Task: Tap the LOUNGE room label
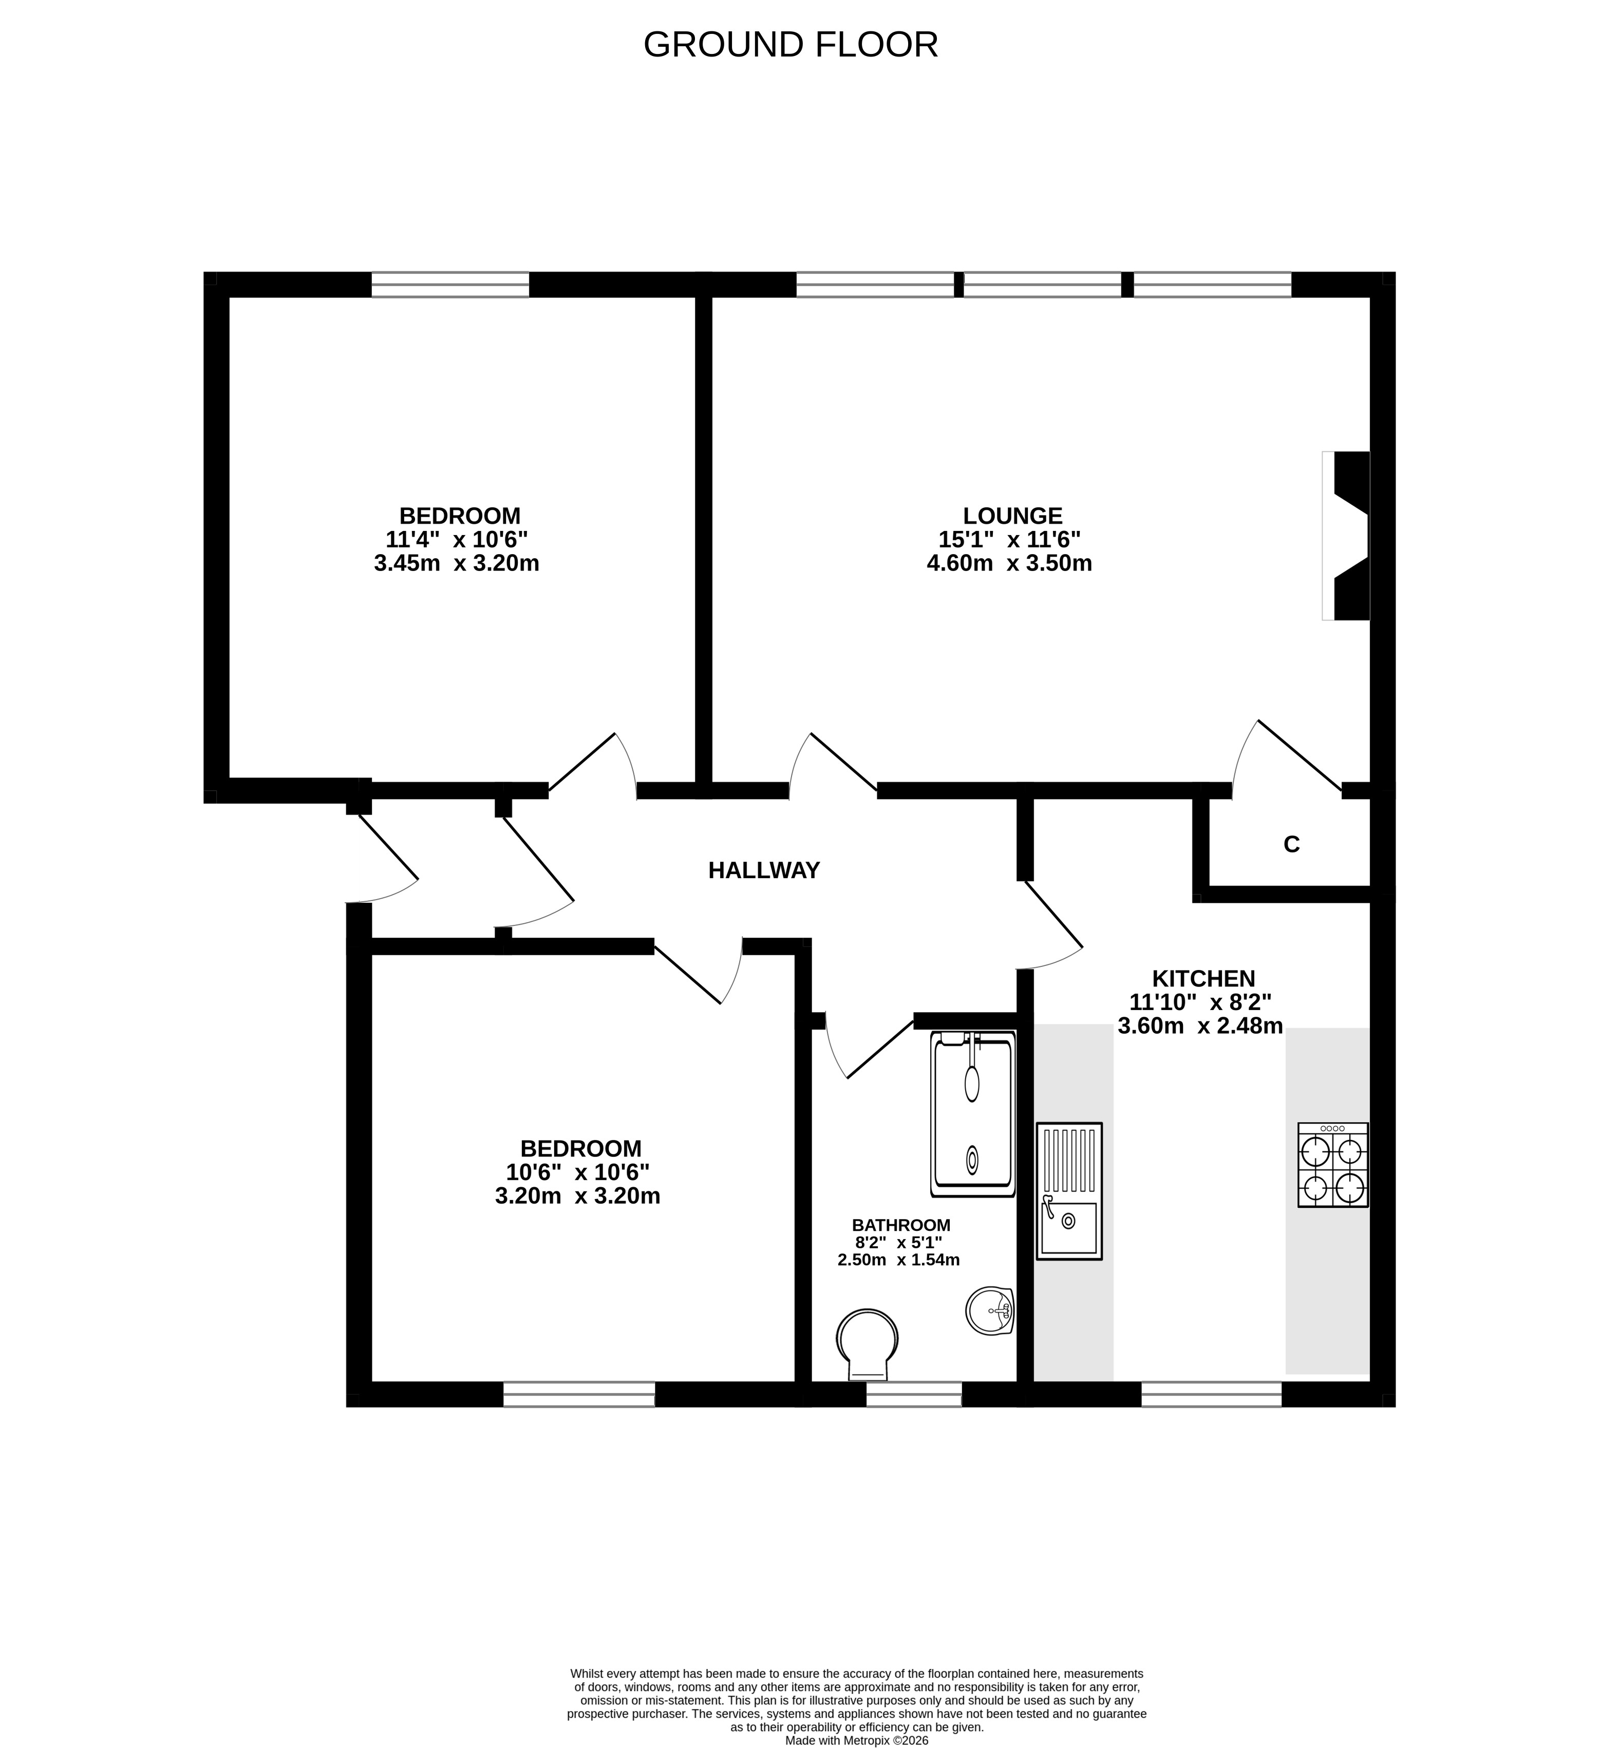[x=1012, y=516]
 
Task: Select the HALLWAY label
[x=764, y=870]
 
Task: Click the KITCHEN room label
[x=1203, y=978]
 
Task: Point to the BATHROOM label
[x=901, y=1225]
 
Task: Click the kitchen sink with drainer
[x=1069, y=1190]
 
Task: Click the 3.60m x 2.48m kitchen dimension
[x=1200, y=1027]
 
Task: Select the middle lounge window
[x=1042, y=284]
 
